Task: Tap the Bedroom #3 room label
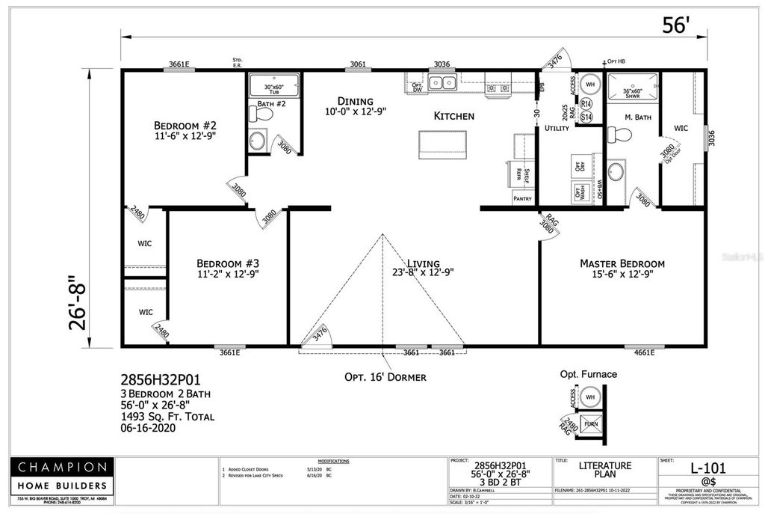tap(227, 263)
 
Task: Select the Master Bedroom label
tap(622, 263)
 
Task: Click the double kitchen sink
tap(442, 82)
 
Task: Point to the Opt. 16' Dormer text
tap(385, 376)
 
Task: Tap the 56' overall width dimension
tap(675, 25)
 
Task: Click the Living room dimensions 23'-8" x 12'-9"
tap(423, 273)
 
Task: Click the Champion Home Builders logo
tap(63, 479)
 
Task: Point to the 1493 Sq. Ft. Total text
tap(167, 417)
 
